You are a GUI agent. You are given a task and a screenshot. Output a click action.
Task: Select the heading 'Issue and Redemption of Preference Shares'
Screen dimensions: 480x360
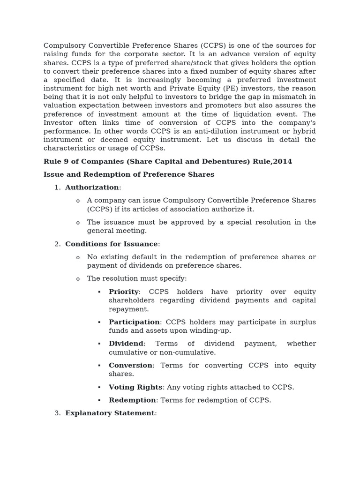[129, 174]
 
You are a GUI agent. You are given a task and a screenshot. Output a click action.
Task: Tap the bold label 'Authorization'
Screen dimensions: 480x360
[92, 187]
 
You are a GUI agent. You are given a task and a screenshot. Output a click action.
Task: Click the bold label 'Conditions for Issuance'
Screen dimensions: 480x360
[112, 244]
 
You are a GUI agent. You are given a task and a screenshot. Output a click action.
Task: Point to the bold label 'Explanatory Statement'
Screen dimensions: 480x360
[110, 413]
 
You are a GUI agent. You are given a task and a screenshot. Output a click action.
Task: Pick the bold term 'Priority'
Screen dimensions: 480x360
[124, 292]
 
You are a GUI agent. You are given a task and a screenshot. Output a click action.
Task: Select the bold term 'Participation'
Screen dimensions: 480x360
[134, 322]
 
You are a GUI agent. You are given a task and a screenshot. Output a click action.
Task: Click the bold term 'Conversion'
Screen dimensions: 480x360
[130, 365]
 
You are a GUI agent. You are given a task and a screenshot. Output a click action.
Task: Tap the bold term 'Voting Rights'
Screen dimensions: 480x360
[135, 387]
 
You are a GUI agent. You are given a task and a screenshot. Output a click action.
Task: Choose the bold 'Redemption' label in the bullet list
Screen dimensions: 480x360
[132, 400]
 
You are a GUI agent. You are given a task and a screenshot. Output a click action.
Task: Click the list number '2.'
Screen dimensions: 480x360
[58, 244]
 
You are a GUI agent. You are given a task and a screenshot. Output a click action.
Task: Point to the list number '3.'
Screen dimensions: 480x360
[58, 413]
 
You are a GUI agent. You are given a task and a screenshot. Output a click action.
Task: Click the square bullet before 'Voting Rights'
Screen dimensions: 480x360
[99, 387]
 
